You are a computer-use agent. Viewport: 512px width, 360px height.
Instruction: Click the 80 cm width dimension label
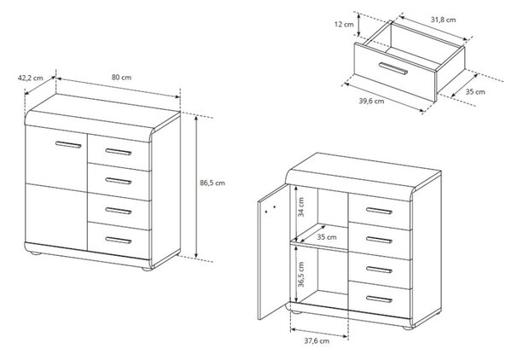(x=121, y=78)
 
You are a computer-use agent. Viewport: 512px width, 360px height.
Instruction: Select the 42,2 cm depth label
(x=30, y=78)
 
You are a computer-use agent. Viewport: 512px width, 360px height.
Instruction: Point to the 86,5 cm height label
(x=212, y=183)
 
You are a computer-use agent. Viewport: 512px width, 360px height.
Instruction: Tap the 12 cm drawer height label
(x=344, y=24)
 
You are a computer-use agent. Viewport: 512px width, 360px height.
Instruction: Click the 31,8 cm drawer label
(x=443, y=20)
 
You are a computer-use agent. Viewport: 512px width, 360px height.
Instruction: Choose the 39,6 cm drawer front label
(x=371, y=101)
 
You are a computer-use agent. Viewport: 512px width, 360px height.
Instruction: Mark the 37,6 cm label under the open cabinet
(x=317, y=340)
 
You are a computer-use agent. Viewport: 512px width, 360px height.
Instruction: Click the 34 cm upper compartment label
(x=301, y=207)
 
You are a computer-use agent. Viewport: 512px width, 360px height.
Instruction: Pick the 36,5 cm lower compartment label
(x=301, y=275)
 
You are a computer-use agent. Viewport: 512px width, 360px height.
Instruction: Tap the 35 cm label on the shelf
(x=327, y=237)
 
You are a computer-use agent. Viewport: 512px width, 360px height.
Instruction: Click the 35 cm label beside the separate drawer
(x=475, y=92)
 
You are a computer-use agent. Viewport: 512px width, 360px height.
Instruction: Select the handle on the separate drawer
(x=393, y=68)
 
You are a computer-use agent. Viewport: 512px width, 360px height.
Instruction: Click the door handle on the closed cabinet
(x=68, y=144)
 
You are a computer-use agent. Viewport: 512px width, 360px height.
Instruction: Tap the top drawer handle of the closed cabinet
(x=119, y=152)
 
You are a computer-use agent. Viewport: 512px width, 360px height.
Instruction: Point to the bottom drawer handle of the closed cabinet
(x=119, y=241)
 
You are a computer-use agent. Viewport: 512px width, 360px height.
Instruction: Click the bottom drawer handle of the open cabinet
(x=379, y=299)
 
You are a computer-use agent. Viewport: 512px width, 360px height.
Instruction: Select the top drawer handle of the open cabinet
(x=379, y=211)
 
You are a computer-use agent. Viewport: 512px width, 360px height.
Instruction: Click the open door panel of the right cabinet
(x=273, y=252)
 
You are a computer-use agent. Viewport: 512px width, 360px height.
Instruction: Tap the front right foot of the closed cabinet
(x=147, y=269)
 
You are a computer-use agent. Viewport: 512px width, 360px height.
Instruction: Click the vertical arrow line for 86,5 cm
(x=196, y=187)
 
